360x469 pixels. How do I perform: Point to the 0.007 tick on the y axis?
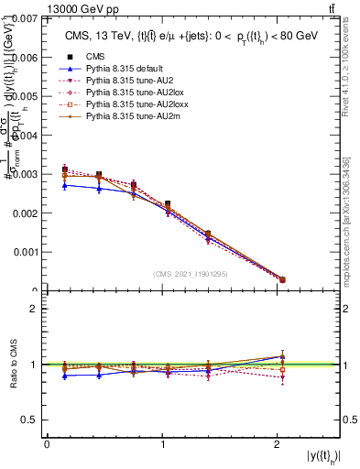click(x=26, y=18)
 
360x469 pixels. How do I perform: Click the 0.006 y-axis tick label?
click(x=26, y=57)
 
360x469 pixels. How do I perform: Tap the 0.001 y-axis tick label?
click(x=26, y=251)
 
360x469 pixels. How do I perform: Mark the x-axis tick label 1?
click(x=163, y=444)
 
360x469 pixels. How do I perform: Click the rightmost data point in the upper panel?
click(x=282, y=279)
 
